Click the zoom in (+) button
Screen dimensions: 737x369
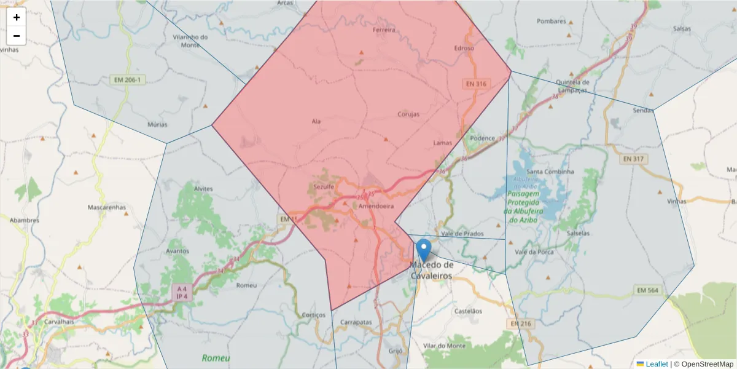[17, 17]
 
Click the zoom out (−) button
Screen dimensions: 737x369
[17, 36]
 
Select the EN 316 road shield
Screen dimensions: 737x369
[476, 84]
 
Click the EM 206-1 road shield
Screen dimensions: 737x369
[128, 80]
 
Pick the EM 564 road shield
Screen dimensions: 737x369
[647, 290]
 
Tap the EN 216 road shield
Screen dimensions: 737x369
[521, 323]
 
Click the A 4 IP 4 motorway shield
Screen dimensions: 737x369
[182, 292]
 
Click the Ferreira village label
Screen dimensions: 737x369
[384, 30]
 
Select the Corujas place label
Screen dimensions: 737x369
[408, 114]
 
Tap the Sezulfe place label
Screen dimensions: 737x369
[323, 186]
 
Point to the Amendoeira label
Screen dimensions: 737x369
[376, 207]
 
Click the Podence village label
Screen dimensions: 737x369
[482, 138]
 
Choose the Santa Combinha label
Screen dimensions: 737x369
[550, 172]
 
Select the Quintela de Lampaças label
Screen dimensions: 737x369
[572, 85]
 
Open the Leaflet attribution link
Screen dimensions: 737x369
[657, 364]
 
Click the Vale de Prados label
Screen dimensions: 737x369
[462, 234]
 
